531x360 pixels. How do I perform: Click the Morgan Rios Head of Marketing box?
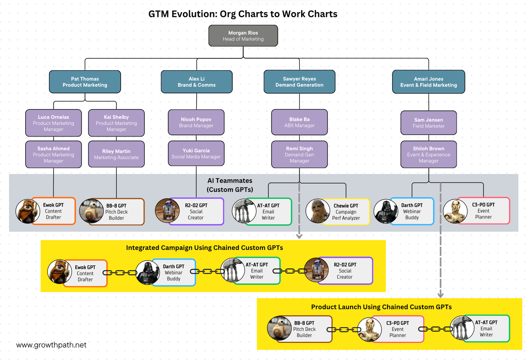pyautogui.click(x=243, y=36)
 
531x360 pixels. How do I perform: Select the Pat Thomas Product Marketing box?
pyautogui.click(x=85, y=82)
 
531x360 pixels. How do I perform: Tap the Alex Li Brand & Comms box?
pyautogui.click(x=196, y=82)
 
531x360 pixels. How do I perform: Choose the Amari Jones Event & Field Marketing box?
pyautogui.click(x=428, y=82)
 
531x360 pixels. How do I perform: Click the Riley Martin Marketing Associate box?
pyautogui.click(x=116, y=154)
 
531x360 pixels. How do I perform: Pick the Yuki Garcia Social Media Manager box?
pyautogui.click(x=196, y=153)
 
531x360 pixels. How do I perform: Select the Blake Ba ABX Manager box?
pyautogui.click(x=299, y=122)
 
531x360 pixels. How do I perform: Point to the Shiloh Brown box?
pyautogui.click(x=428, y=154)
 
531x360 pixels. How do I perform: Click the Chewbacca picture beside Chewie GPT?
pyautogui.click(x=317, y=211)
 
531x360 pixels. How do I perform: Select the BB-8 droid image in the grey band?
pyautogui.click(x=91, y=211)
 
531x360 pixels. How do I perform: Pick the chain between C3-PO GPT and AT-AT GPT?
pyautogui.click(x=435, y=329)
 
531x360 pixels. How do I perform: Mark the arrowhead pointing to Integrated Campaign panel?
pyautogui.click(x=299, y=236)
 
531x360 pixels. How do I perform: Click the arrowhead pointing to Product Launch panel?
pyautogui.click(x=440, y=295)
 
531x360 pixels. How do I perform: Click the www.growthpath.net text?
pyautogui.click(x=51, y=345)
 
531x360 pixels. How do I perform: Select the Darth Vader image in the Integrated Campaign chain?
pyautogui.click(x=147, y=273)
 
